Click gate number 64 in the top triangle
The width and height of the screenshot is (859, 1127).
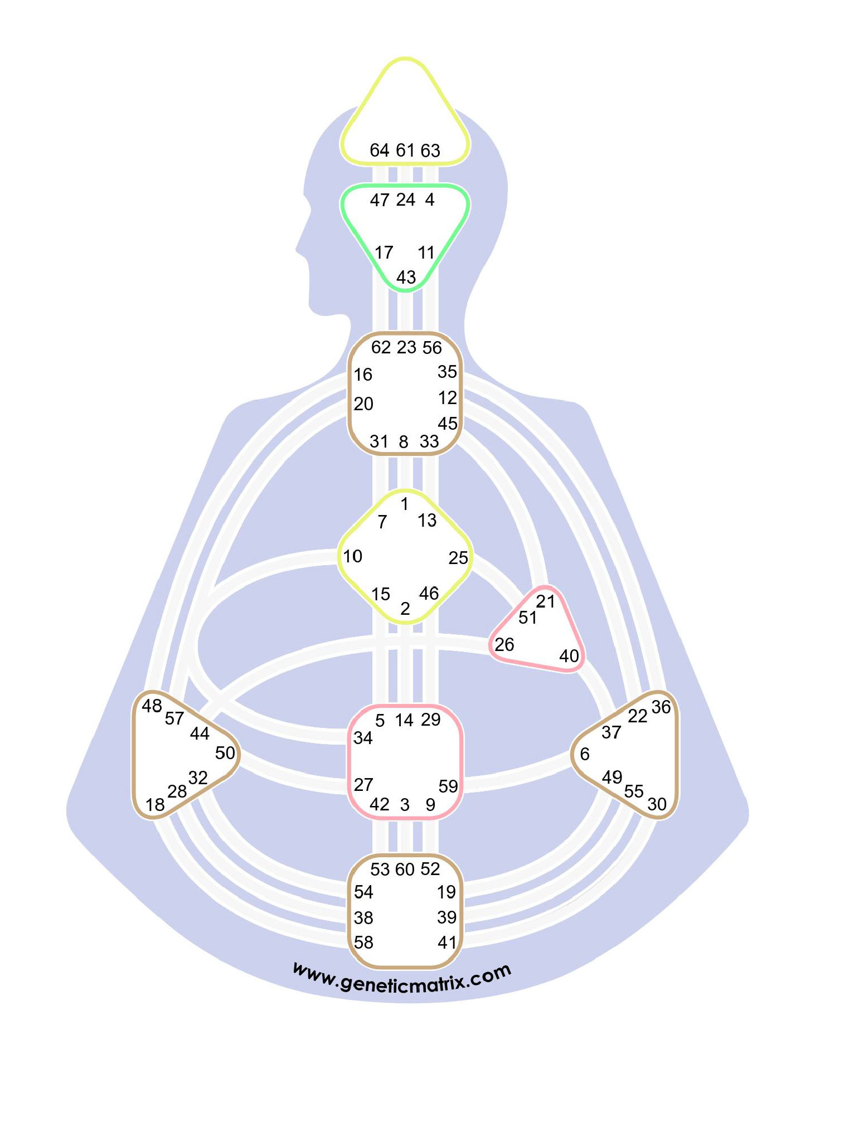tap(379, 150)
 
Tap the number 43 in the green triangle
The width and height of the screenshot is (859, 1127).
tap(406, 277)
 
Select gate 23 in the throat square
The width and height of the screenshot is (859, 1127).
tap(406, 347)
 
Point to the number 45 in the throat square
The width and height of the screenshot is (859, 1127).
tap(447, 424)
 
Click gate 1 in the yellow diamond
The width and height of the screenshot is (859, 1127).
tap(405, 504)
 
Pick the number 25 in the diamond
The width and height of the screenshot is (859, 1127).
tap(458, 557)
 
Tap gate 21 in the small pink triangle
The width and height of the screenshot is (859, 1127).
tap(546, 601)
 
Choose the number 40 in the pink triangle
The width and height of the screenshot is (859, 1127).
tap(569, 656)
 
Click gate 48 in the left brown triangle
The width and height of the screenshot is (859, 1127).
tap(152, 706)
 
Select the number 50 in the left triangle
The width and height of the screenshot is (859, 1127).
tap(225, 753)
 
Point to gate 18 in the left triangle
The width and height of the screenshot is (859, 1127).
tap(155, 805)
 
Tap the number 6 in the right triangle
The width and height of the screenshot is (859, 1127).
tap(584, 754)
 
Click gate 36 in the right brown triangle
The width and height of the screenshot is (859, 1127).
tap(661, 707)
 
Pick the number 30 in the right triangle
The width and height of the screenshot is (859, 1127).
tap(657, 804)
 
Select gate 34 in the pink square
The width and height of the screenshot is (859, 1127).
tap(363, 738)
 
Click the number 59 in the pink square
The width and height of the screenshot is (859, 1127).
tap(448, 786)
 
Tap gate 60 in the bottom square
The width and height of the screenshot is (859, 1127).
tap(405, 869)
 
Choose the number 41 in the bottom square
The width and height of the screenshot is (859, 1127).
tap(447, 943)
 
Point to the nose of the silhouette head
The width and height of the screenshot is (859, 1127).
tap(299, 245)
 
